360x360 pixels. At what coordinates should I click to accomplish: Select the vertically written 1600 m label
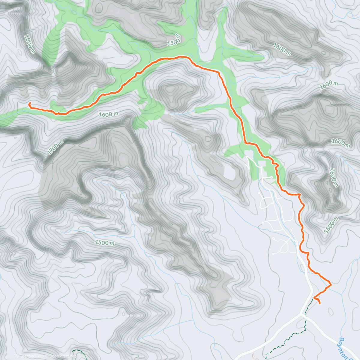333,178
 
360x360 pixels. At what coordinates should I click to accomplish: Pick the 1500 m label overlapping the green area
174,40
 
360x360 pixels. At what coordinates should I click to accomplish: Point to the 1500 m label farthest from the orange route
104,242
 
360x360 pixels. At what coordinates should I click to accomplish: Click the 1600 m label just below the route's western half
108,114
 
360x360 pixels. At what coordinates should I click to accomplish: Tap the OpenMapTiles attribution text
31,356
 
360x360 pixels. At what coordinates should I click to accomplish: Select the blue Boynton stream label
345,348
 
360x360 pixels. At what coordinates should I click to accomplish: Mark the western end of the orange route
29,103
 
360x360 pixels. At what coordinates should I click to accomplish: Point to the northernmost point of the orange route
181,56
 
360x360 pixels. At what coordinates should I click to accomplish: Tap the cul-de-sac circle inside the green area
271,177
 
